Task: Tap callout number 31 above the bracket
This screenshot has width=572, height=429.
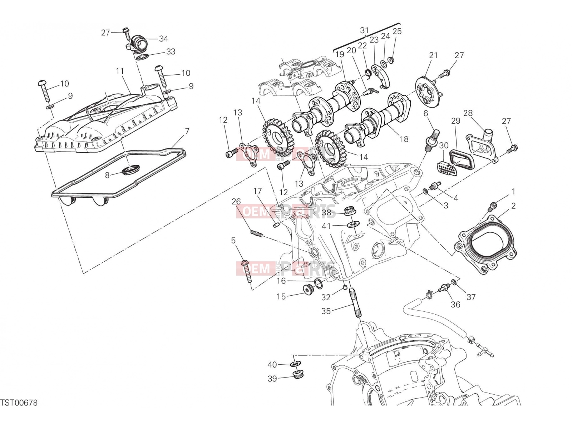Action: coord(365,30)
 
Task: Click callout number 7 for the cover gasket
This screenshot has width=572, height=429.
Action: coord(187,131)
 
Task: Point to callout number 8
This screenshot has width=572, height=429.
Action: coord(107,175)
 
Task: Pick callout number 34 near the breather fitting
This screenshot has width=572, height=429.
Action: coord(163,39)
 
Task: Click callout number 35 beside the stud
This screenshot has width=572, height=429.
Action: coord(326,311)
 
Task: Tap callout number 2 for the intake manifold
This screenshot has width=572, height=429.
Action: coord(513,206)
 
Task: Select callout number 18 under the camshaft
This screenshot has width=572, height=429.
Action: coord(404,139)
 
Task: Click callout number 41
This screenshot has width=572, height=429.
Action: coord(326,226)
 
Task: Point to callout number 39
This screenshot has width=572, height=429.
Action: coord(272,379)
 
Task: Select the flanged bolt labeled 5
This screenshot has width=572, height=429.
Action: coord(247,271)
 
